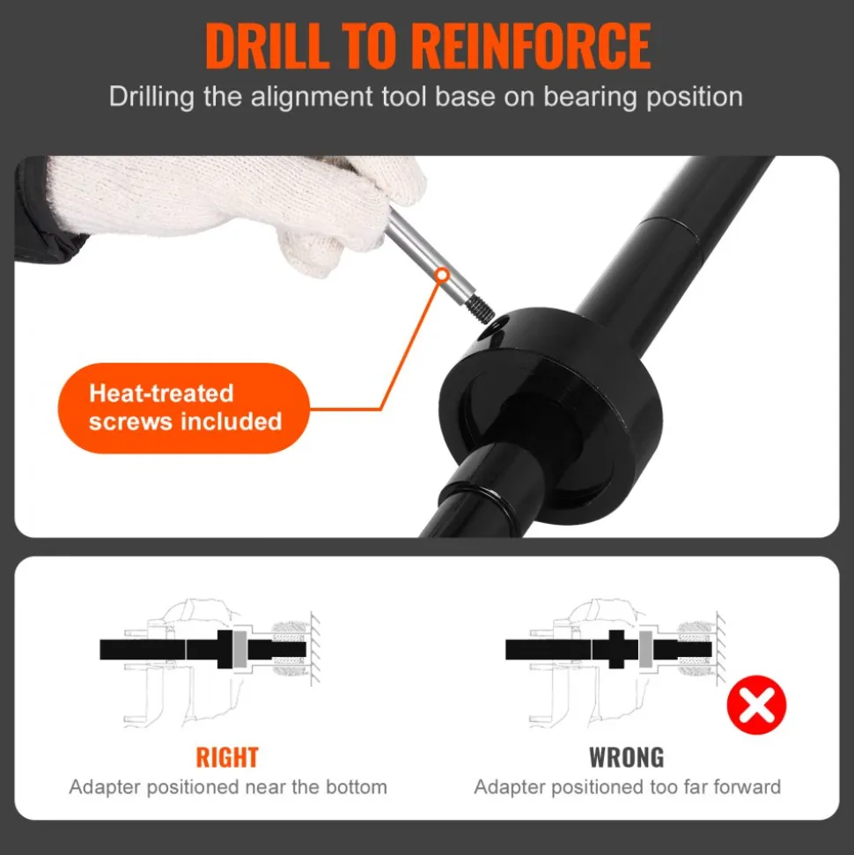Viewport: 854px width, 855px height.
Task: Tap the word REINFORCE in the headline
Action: [531, 47]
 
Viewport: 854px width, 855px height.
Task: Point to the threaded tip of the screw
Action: [482, 310]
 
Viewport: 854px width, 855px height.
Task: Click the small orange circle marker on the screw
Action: [442, 275]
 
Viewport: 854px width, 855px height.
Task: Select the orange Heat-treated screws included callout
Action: [184, 408]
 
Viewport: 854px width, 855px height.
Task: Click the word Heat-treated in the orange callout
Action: [161, 393]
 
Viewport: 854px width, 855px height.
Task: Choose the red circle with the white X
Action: [756, 704]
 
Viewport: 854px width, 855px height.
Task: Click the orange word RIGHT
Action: [227, 757]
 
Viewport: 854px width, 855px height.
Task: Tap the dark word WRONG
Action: [627, 757]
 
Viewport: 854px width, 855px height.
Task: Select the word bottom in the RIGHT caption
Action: [356, 787]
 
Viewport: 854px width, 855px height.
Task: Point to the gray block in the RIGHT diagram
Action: [240, 649]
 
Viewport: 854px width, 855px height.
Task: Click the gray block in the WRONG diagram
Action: [645, 649]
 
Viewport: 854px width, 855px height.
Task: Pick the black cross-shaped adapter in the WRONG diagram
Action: [615, 649]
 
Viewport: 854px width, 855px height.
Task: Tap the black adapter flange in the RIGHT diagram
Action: [225, 649]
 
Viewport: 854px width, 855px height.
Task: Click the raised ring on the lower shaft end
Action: [478, 498]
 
